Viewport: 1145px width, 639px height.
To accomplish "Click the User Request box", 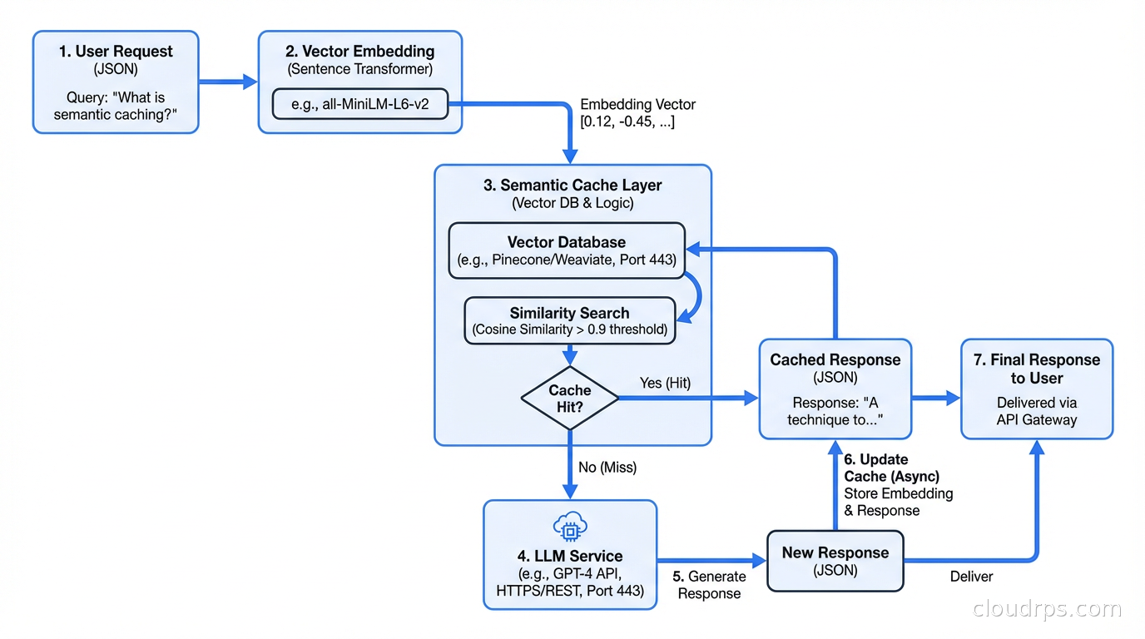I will (116, 82).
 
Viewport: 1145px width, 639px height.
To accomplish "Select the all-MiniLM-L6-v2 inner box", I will (360, 104).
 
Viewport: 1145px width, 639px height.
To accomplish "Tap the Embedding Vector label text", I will (637, 113).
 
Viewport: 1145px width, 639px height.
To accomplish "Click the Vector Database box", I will (567, 250).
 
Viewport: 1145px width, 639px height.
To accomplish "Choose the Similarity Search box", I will (569, 320).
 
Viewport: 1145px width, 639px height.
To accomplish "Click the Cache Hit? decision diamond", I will (570, 399).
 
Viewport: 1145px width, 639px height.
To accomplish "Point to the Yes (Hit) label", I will (665, 383).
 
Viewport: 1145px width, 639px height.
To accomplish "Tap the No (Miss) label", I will (607, 468).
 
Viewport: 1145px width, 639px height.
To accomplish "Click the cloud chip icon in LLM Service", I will (570, 527).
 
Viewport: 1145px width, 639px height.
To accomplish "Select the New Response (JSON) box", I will (835, 561).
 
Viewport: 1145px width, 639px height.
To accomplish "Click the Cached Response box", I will (835, 389).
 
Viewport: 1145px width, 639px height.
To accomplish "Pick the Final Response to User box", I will (1036, 389).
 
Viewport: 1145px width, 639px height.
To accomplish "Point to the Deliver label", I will (971, 577).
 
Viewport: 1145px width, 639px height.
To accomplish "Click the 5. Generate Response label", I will (709, 585).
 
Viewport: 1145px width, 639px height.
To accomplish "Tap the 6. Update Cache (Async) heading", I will (890, 468).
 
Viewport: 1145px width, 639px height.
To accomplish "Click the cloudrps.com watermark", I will (1047, 609).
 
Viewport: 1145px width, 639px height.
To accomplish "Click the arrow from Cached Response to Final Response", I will (936, 399).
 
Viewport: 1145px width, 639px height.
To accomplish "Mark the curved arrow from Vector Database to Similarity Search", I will (696, 295).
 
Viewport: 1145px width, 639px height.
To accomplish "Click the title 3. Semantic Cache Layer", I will (572, 186).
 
